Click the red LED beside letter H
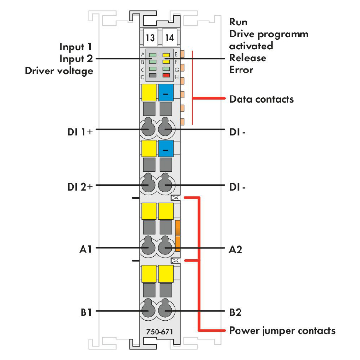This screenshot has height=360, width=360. click(x=167, y=75)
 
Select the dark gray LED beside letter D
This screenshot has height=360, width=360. click(x=152, y=75)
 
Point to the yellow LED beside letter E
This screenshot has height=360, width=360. click(x=167, y=55)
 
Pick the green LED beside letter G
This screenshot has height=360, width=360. click(x=167, y=69)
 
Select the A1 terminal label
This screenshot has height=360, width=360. click(x=87, y=249)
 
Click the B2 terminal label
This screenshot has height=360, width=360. click(x=235, y=312)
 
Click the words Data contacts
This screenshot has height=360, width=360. click(x=262, y=99)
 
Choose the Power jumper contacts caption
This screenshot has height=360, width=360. click(x=282, y=331)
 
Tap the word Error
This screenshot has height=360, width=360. click(x=241, y=70)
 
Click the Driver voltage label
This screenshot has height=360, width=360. click(x=59, y=71)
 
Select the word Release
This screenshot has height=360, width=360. click(x=247, y=58)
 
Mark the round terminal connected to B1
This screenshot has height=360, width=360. click(x=148, y=311)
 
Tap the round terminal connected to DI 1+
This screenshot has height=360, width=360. click(x=148, y=129)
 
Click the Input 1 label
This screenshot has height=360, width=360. click(x=76, y=47)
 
